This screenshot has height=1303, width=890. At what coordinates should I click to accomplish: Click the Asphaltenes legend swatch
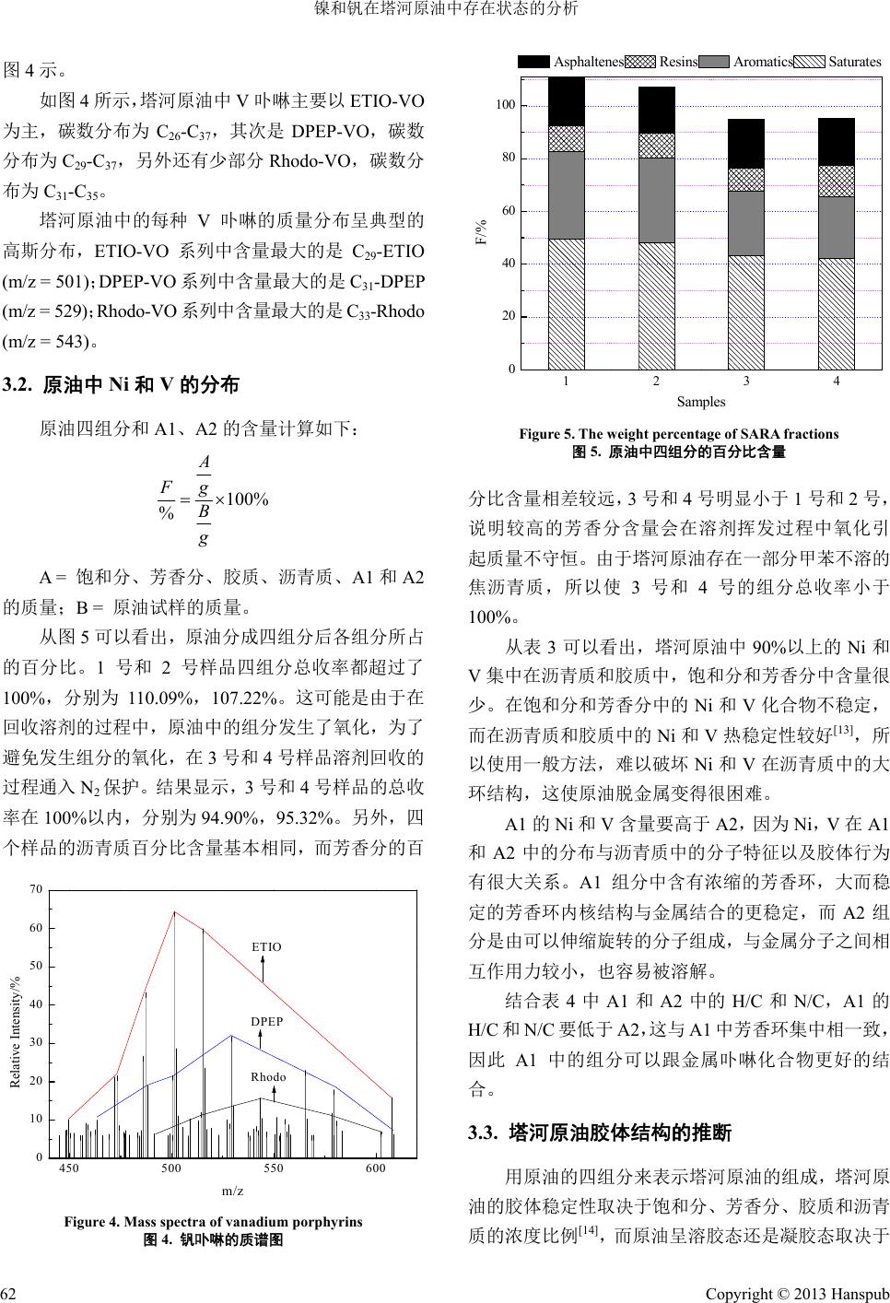533,62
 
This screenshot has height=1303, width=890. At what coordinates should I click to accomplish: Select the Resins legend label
678,62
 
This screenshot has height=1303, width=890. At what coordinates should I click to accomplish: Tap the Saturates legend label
854,62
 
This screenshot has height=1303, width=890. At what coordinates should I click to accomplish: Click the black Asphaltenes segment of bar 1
566,101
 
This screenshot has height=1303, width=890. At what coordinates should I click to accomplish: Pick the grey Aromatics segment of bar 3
744,223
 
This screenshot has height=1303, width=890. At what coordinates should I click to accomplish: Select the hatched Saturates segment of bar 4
835,313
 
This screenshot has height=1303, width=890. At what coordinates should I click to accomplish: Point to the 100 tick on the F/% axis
505,106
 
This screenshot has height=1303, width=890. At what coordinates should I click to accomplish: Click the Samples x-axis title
700,402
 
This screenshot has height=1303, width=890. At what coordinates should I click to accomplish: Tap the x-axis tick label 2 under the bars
655,381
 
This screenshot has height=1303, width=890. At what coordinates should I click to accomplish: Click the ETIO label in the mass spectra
265,946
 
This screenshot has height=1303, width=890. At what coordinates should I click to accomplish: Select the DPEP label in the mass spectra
265,1022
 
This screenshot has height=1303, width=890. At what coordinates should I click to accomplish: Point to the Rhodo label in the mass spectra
268,1077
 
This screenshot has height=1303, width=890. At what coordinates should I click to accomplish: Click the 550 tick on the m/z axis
273,1168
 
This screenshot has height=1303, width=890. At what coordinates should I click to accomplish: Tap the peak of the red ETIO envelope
175,912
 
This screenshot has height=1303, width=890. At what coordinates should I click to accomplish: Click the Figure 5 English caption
679,433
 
